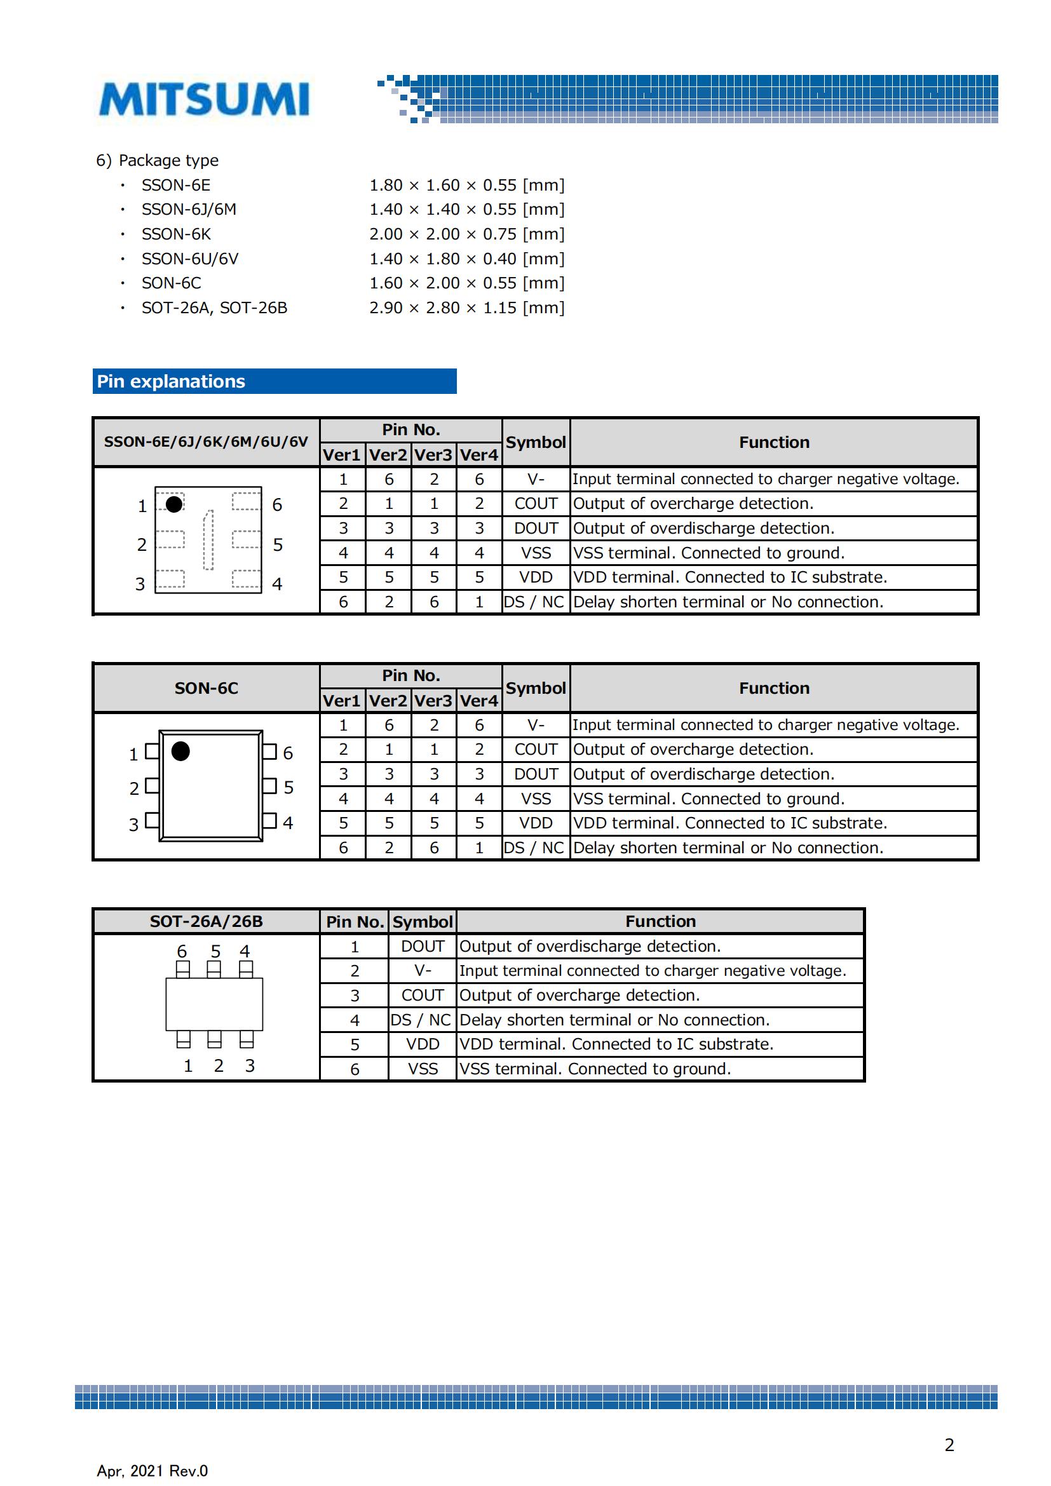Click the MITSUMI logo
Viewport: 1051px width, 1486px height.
tap(204, 99)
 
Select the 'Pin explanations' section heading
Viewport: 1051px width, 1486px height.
tap(171, 381)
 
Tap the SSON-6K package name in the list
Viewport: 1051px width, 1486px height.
tap(176, 234)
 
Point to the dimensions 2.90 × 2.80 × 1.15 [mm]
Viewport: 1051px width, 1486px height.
tap(466, 308)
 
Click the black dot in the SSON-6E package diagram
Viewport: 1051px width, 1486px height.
tap(174, 504)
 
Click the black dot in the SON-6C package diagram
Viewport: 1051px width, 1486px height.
tap(180, 752)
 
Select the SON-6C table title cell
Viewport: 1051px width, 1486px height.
tap(207, 688)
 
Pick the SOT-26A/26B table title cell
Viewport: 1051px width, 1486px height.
tap(207, 921)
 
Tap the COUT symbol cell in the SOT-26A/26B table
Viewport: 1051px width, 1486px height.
tap(423, 996)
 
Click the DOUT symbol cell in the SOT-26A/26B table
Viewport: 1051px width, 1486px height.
tap(423, 946)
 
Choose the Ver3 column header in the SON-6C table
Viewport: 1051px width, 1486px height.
tap(433, 701)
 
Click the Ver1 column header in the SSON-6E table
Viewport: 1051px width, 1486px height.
tap(342, 455)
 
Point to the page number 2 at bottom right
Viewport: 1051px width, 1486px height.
tap(949, 1445)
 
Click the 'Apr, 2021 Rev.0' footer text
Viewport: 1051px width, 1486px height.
tap(153, 1471)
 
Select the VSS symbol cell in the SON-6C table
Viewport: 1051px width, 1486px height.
tap(536, 799)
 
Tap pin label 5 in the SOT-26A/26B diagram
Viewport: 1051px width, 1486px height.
tap(215, 952)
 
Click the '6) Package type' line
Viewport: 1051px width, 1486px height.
tap(157, 161)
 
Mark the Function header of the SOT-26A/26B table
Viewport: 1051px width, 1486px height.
tap(660, 921)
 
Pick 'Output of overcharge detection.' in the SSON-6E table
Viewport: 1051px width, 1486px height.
tap(693, 504)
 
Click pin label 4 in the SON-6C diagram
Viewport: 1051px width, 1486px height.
tap(288, 823)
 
